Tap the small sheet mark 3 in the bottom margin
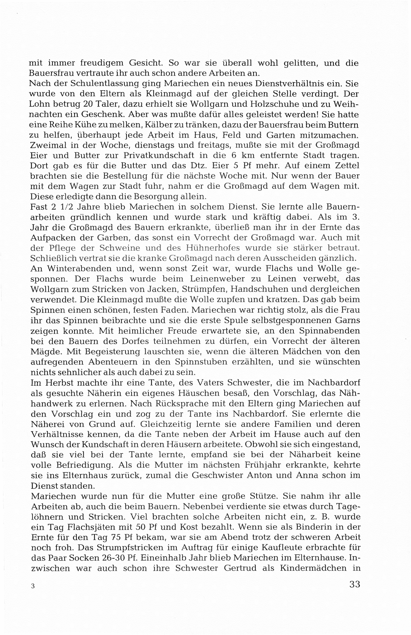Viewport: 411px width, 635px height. (33, 586)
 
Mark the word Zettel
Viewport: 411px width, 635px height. (345, 166)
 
